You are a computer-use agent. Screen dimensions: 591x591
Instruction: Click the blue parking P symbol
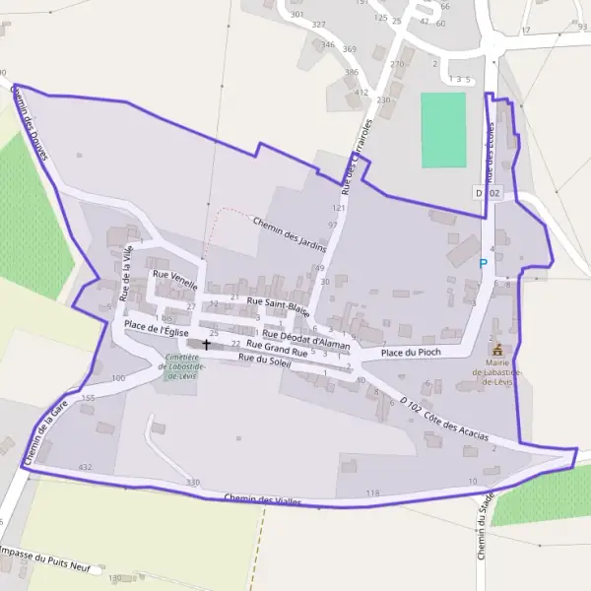[x=483, y=263]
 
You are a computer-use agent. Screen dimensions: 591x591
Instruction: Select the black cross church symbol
[x=206, y=344]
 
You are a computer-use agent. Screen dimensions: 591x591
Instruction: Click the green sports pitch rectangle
[x=443, y=130]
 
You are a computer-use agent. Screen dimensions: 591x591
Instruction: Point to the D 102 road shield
[x=488, y=194]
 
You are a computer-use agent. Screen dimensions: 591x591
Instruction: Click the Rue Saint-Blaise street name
[x=279, y=306]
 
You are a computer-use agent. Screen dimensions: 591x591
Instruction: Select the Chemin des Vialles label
[x=261, y=500]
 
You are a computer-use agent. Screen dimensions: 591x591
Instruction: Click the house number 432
[x=85, y=466]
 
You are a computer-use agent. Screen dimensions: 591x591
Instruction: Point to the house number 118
[x=371, y=492]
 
